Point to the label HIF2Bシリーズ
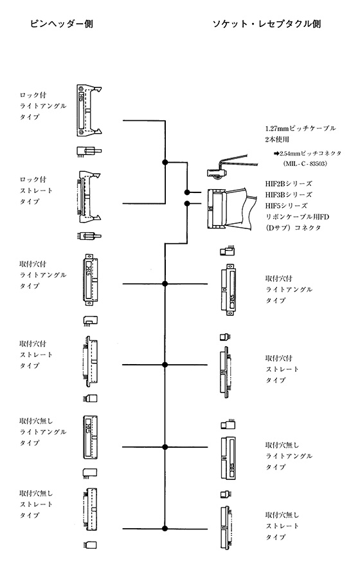click(x=289, y=183)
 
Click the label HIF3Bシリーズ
click(x=289, y=194)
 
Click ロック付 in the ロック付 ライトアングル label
click(x=33, y=95)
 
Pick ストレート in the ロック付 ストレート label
click(x=36, y=190)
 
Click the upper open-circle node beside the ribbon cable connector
click(x=187, y=192)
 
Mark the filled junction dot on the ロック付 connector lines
click(x=165, y=162)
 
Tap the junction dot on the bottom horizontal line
click(x=165, y=528)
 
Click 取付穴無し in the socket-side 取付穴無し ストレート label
click(x=282, y=515)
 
